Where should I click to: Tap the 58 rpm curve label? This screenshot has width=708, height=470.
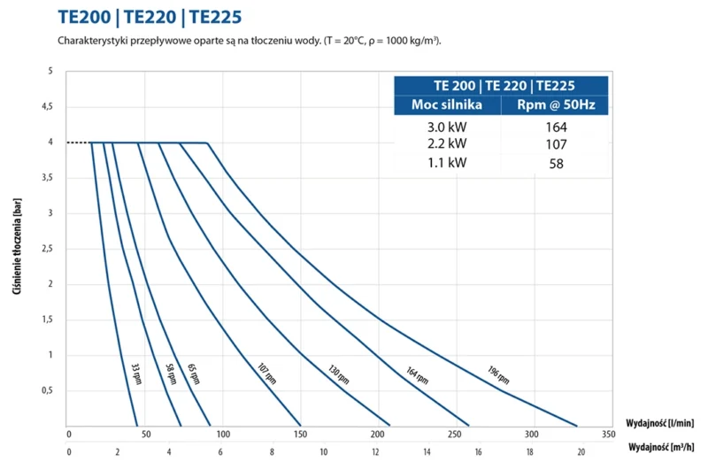coord(171,373)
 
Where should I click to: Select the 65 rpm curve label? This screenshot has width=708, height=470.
coord(193,373)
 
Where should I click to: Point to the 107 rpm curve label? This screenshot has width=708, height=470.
coord(268,373)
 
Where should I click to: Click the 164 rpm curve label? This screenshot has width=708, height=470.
coord(417,375)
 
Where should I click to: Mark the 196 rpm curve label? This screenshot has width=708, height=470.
coord(498,375)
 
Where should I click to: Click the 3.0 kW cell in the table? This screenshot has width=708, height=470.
coord(446,127)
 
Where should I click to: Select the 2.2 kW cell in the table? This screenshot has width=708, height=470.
coord(446,143)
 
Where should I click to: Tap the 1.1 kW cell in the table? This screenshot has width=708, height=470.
coord(446,163)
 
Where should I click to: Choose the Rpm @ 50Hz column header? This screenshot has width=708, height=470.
coord(555,105)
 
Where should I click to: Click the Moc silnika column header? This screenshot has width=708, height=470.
coord(447,105)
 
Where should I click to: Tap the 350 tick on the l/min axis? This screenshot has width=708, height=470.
coord(607,435)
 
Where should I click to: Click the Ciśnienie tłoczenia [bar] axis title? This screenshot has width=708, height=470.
coord(19,248)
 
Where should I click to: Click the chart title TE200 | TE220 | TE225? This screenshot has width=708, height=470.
coord(149,17)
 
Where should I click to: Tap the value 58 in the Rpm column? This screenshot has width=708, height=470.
coord(555,164)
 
